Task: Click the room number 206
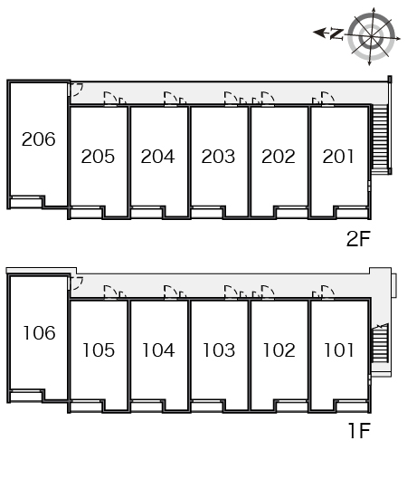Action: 39,139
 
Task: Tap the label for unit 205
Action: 98,157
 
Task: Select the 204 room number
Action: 157,157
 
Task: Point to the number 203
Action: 218,157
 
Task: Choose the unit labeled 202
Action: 279,157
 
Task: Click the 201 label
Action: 338,157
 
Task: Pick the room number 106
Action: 40,333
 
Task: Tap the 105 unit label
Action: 99,350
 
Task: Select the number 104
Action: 158,350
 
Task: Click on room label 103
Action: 219,350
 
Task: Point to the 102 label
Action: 279,350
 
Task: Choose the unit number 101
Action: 339,350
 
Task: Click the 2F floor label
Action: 358,239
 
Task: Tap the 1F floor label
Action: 359,430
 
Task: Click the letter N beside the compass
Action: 336,34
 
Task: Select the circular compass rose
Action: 372,37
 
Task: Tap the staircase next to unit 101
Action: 380,343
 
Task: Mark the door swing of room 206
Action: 77,90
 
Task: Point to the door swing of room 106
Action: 77,283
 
